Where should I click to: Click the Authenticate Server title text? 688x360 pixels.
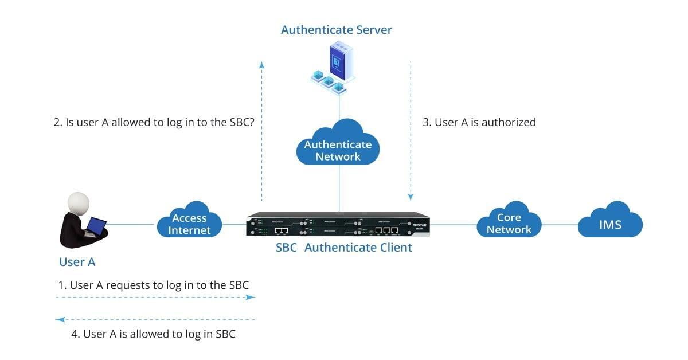pyautogui.click(x=337, y=30)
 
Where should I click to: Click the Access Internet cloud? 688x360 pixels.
pyautogui.click(x=189, y=224)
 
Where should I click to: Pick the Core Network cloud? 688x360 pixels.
pyautogui.click(x=509, y=223)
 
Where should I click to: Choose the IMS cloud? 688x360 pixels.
pyautogui.click(x=610, y=224)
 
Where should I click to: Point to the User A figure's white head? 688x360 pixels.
pyautogui.click(x=79, y=204)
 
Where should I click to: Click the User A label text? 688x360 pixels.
pyautogui.click(x=77, y=262)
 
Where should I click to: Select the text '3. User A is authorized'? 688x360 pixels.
pyautogui.click(x=479, y=122)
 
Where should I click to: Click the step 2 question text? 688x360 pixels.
pyautogui.click(x=154, y=122)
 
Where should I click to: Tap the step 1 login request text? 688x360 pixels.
pyautogui.click(x=154, y=285)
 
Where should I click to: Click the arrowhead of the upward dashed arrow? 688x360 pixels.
pyautogui.click(x=261, y=64)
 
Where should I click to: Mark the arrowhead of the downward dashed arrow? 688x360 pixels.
pyautogui.click(x=411, y=197)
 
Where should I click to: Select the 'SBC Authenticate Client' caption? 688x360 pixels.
pyautogui.click(x=343, y=248)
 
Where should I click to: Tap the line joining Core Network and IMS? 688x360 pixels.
pyautogui.click(x=560, y=224)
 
